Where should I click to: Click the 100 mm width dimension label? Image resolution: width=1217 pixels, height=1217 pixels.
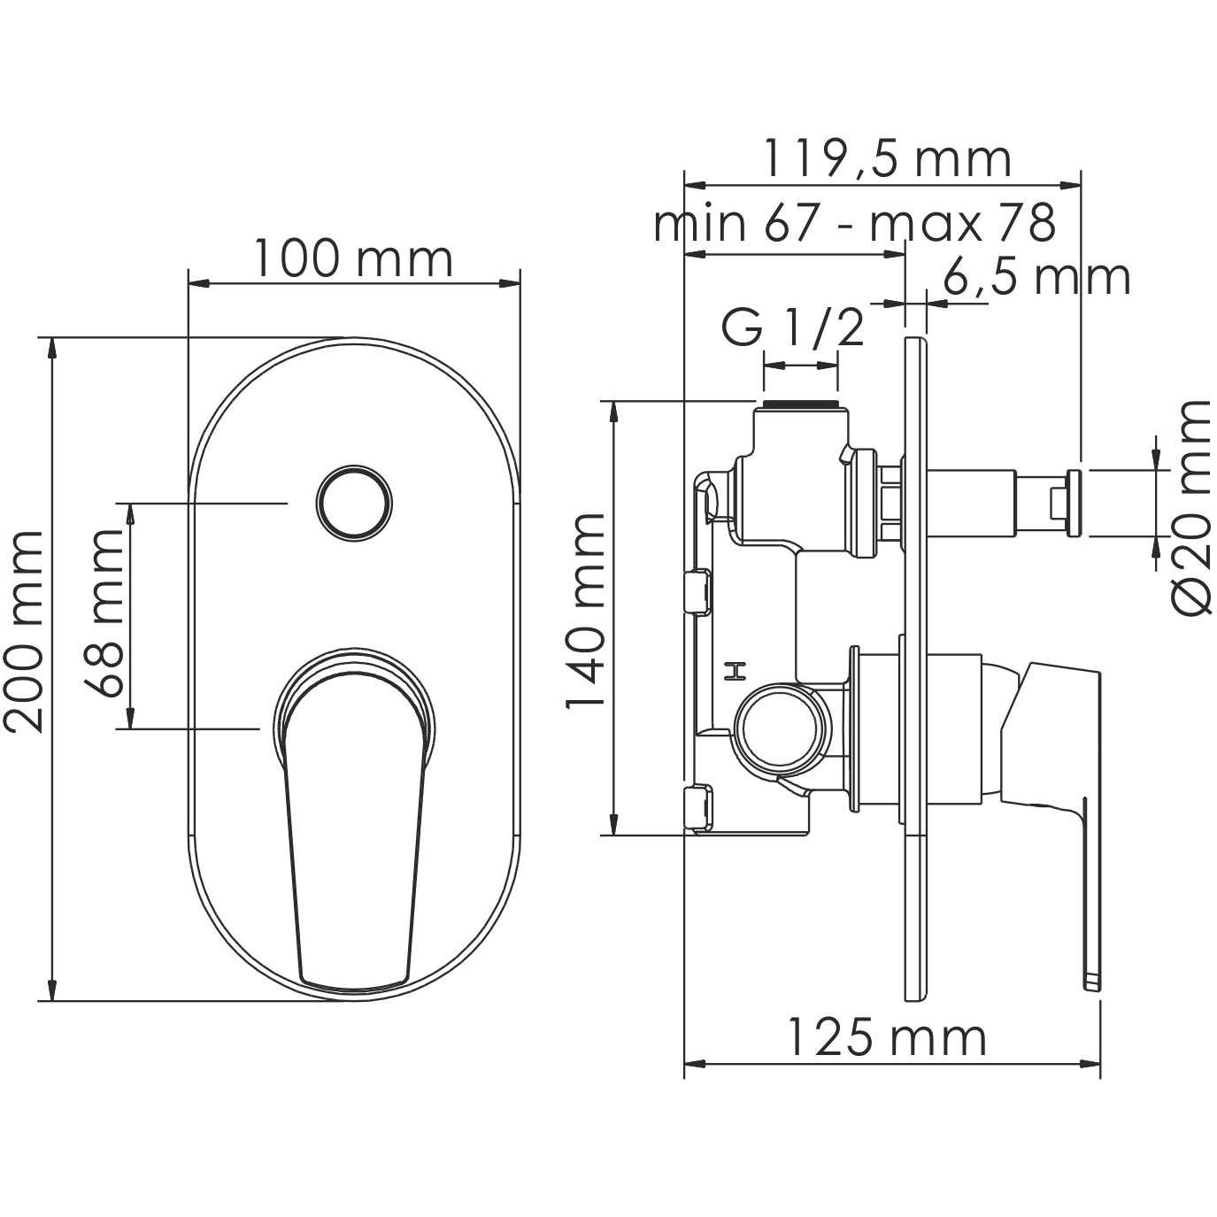click(x=353, y=259)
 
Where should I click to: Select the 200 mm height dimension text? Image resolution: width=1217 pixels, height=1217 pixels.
click(x=24, y=631)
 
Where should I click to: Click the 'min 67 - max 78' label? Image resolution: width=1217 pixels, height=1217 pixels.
click(x=854, y=224)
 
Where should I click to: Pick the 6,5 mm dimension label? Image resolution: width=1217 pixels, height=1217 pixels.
click(x=1036, y=278)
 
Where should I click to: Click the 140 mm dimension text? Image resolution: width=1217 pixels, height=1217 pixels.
click(x=585, y=611)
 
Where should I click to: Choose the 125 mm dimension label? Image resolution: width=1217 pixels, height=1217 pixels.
click(x=886, y=1037)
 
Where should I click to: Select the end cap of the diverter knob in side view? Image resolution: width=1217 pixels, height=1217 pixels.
click(x=1074, y=502)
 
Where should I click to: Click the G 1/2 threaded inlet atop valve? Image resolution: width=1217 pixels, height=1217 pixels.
click(x=799, y=406)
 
